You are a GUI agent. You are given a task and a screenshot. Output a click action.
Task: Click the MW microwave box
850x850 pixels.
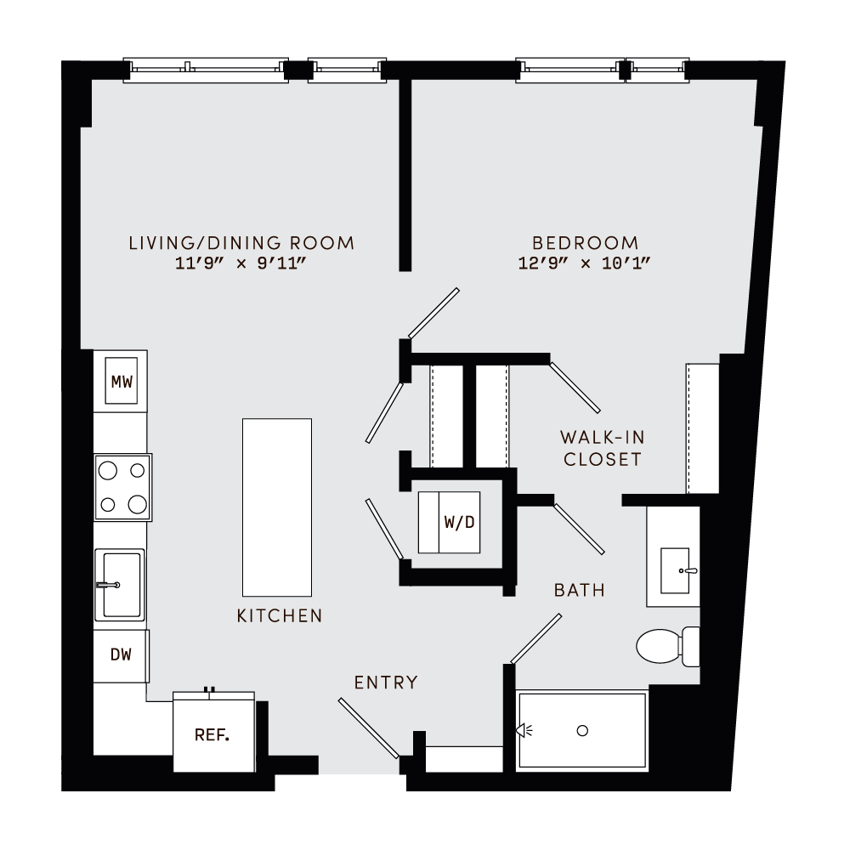point(122,382)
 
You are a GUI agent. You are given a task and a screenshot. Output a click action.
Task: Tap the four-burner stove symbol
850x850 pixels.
point(122,487)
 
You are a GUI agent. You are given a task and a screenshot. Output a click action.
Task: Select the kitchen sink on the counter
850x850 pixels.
point(119,584)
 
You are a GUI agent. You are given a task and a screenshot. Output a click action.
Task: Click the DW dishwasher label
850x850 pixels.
point(122,655)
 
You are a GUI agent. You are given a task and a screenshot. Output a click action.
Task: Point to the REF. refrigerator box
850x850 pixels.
point(213,734)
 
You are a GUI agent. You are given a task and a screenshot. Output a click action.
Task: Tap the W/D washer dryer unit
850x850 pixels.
point(449,522)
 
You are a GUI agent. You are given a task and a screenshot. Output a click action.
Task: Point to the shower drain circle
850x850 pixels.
point(582,730)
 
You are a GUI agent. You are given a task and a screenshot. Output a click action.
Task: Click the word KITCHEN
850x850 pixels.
point(280,615)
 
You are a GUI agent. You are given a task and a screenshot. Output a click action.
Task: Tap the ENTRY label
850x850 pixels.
point(386,682)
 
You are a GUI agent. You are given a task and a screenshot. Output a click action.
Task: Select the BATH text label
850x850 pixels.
point(579,589)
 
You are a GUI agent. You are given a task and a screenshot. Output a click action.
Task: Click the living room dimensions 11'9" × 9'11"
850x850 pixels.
point(241,263)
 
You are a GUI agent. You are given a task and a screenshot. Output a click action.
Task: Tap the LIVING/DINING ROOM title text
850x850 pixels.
point(241,243)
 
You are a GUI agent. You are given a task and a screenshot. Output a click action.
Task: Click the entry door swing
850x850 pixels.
point(368,728)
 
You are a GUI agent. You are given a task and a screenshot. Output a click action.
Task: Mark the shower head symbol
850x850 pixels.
point(527,729)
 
